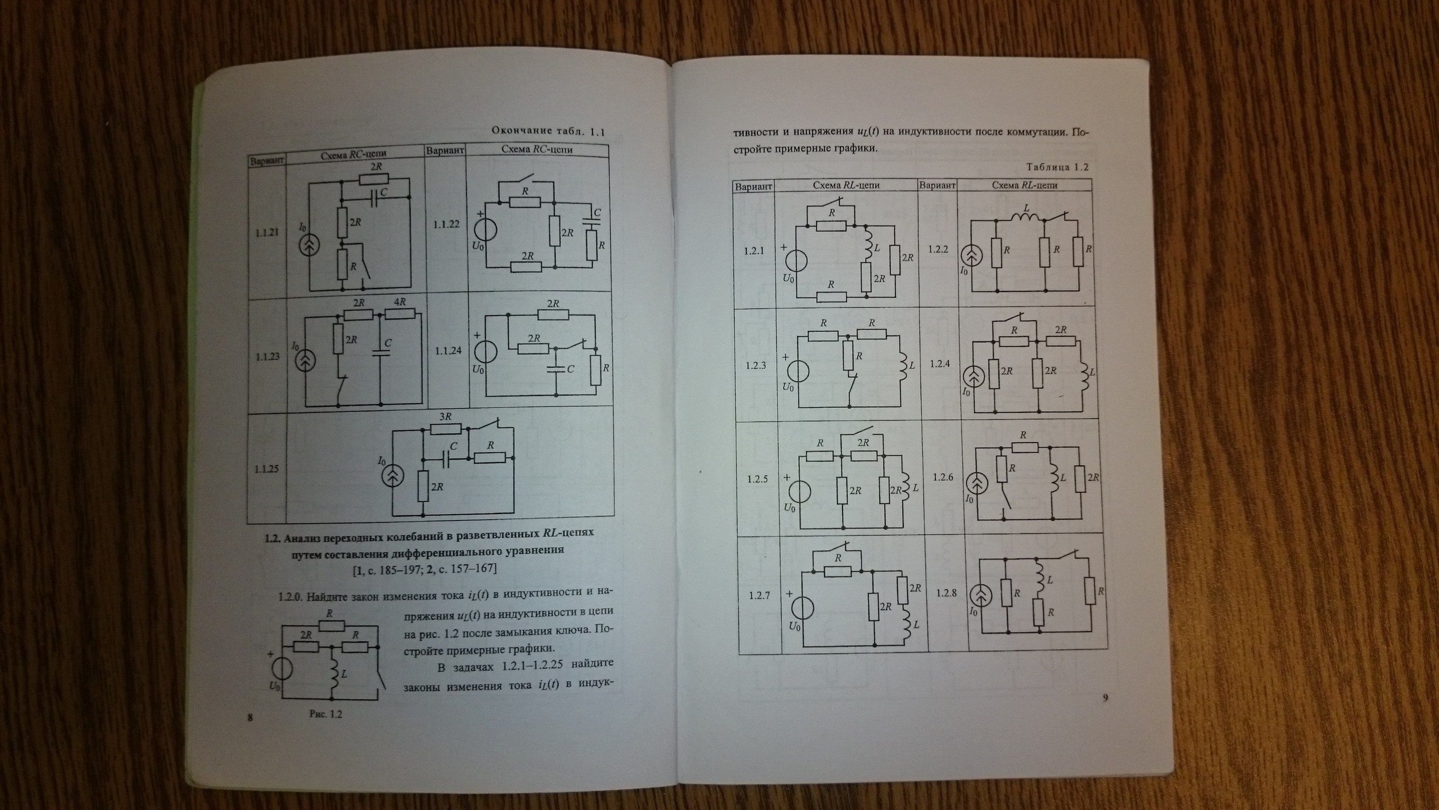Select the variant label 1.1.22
pyautogui.click(x=446, y=224)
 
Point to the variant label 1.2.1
pyautogui.click(x=754, y=251)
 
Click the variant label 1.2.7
pyautogui.click(x=759, y=595)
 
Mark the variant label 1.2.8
pyautogui.click(x=946, y=593)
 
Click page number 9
pyautogui.click(x=1105, y=699)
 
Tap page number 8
pyautogui.click(x=250, y=717)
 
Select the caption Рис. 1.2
pyautogui.click(x=326, y=714)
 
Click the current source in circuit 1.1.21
pyautogui.click(x=309, y=246)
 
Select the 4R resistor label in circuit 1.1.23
pyautogui.click(x=400, y=302)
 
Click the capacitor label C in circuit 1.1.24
pyautogui.click(x=570, y=369)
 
